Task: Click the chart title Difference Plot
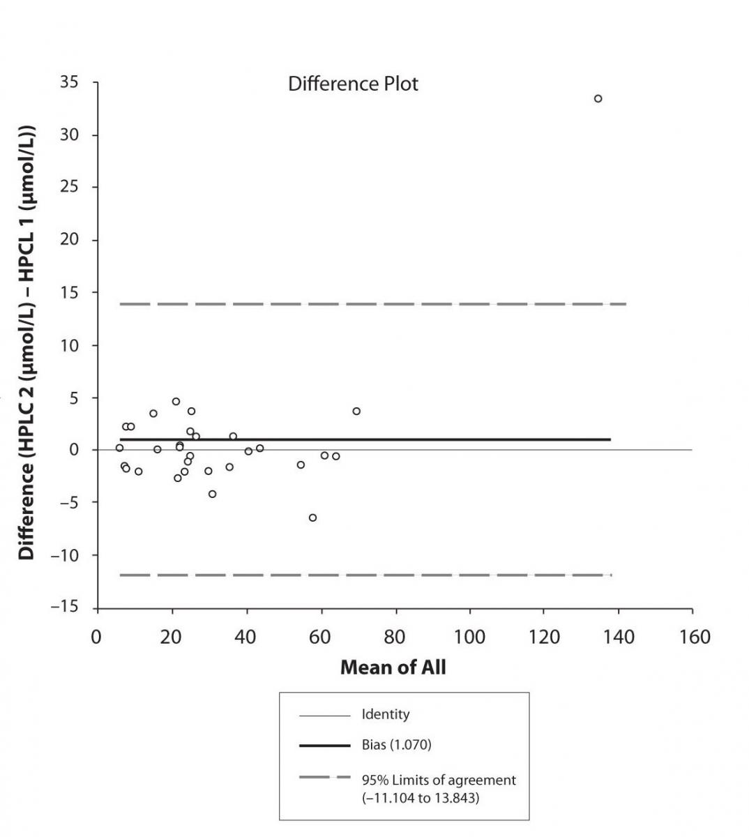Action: [353, 84]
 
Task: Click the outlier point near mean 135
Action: [598, 99]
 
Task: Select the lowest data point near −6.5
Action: [312, 518]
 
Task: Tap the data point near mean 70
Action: [356, 412]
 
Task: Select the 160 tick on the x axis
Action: [691, 637]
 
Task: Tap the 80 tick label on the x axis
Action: [395, 637]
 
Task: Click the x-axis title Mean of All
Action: [393, 668]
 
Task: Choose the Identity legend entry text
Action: [385, 715]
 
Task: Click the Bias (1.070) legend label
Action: [396, 745]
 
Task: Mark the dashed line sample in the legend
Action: [324, 777]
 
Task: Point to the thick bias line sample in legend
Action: [324, 746]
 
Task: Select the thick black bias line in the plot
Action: [418, 439]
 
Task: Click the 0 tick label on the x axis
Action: [96, 637]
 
